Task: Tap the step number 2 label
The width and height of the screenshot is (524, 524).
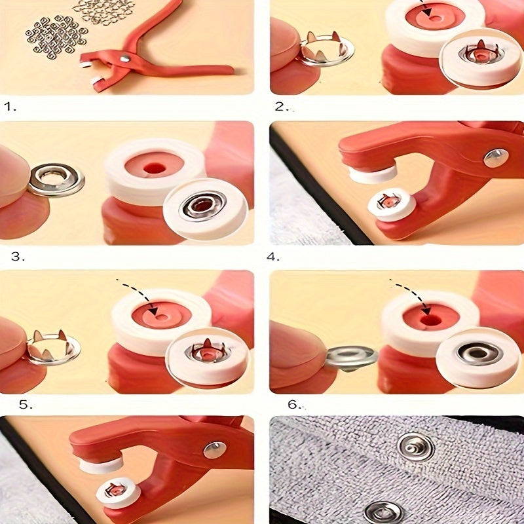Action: pos(280,106)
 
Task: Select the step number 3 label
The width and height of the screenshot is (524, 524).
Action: pos(18,256)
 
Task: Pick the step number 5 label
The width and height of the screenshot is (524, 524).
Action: pos(24,404)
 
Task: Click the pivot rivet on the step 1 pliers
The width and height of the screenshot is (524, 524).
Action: pos(124,60)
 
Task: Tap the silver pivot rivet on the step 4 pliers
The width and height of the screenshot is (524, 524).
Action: pos(496,157)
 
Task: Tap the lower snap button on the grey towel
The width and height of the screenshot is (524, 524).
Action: pos(383,512)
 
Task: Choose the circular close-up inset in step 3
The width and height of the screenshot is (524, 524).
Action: pos(205,208)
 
